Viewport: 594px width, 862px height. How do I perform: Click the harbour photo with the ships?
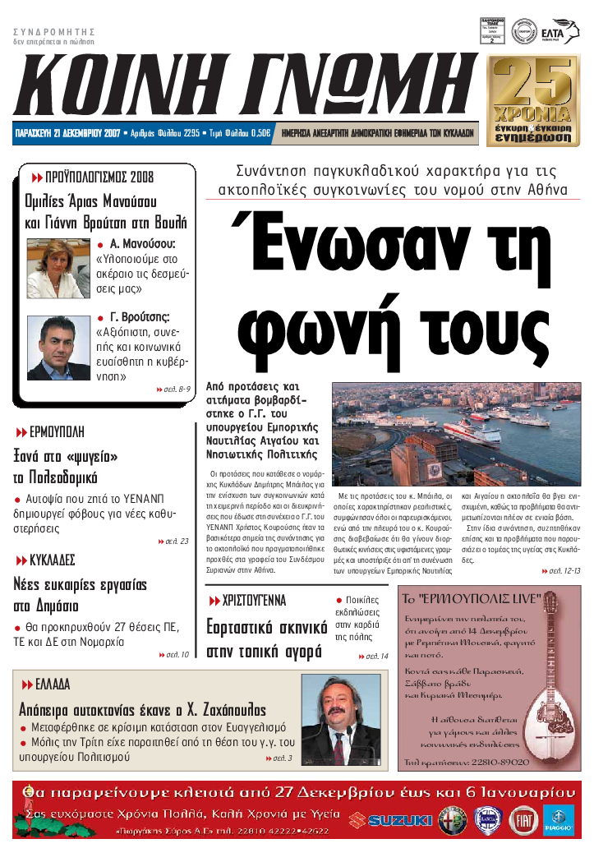pyautogui.click(x=456, y=433)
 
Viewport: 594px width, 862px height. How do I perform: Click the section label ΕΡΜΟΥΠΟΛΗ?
pyautogui.click(x=57, y=432)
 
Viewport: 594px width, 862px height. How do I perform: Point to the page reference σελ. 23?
pyautogui.click(x=177, y=542)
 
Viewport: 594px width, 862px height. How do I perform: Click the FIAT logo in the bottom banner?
pyautogui.click(x=523, y=820)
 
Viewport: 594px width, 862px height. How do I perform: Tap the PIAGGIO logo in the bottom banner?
pyautogui.click(x=560, y=820)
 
